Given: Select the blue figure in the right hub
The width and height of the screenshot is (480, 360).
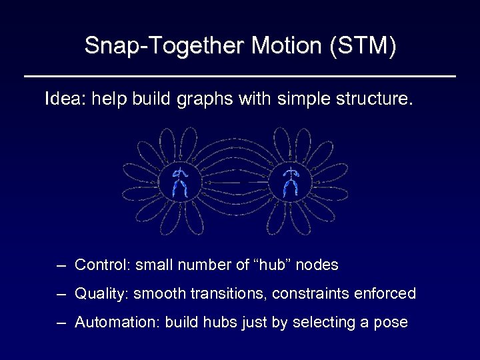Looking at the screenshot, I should click(x=290, y=182).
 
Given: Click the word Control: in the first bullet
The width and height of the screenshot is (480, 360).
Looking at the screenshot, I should click(x=103, y=265).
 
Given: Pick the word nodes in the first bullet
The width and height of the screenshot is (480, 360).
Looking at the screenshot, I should click(x=317, y=265).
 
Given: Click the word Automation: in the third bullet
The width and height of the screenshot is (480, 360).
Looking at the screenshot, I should click(x=117, y=323).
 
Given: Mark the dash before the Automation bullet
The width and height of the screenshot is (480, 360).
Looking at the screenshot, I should click(x=61, y=323).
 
